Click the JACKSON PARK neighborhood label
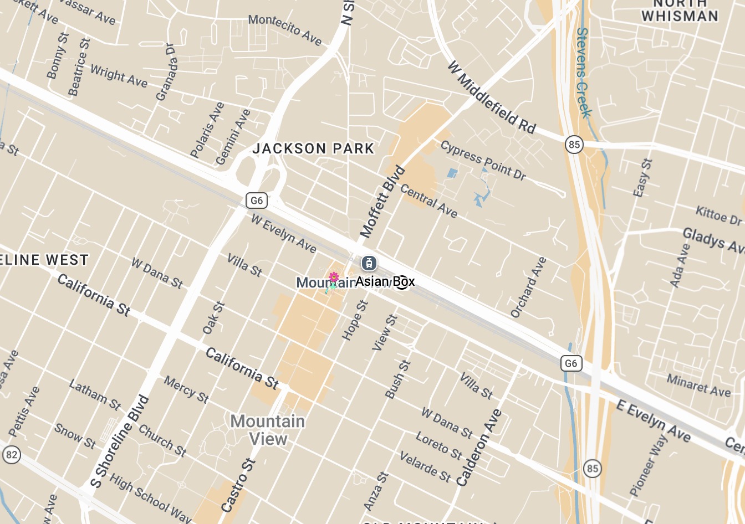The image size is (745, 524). [314, 148]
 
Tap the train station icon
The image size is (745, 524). [369, 263]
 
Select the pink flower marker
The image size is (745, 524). [334, 278]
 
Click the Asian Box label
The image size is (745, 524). [385, 281]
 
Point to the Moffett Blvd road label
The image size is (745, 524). [382, 202]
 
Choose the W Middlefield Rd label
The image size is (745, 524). [491, 98]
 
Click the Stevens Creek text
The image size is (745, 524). [583, 72]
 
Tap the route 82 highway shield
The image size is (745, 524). [11, 455]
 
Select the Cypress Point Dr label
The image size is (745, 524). [483, 160]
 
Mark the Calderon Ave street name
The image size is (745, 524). [479, 448]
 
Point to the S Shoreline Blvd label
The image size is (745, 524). [120, 441]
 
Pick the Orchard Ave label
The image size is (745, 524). [528, 287]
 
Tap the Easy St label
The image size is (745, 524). [643, 178]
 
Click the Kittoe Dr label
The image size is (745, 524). [718, 215]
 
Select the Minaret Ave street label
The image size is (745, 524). [698, 386]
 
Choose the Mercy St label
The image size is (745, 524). [186, 389]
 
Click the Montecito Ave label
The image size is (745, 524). [285, 29]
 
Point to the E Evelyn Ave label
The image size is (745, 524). [653, 421]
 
